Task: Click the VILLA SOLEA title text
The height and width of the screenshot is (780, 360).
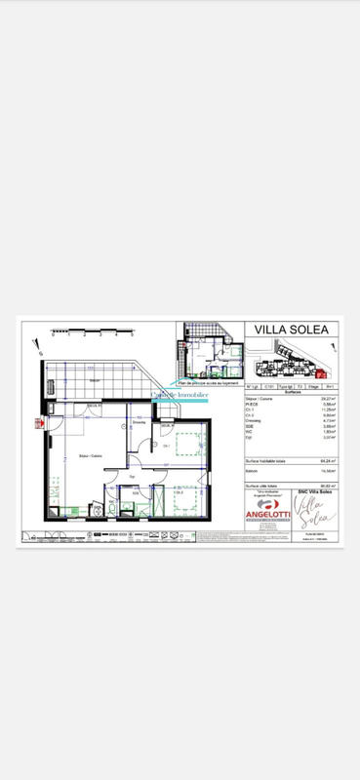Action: coord(290,330)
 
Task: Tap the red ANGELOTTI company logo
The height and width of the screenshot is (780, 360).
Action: coord(266,512)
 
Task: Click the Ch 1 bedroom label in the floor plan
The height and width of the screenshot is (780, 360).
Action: coord(168,446)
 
